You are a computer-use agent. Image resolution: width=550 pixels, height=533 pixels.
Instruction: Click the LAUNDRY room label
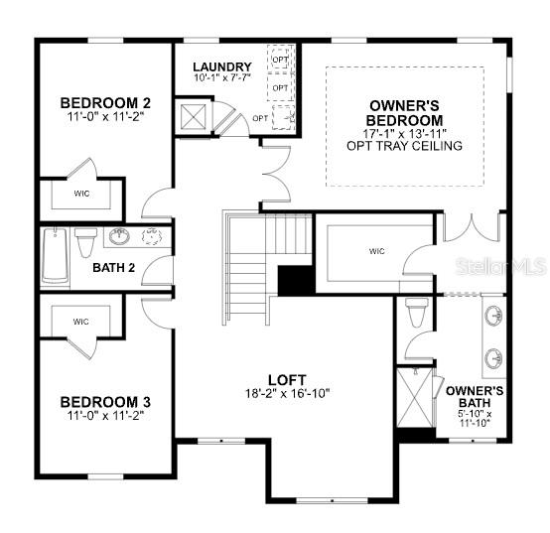point(222,67)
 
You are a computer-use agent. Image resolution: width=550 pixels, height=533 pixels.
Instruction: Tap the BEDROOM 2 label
point(105,103)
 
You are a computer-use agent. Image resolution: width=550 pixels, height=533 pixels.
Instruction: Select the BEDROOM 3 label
point(105,402)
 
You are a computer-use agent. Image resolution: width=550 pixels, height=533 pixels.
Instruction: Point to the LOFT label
point(287,380)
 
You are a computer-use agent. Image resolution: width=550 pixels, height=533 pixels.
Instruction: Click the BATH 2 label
point(113,268)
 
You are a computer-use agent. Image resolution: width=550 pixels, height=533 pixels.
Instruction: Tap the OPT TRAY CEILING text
point(404,146)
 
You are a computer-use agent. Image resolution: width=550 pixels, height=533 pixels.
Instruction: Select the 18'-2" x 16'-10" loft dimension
point(287,393)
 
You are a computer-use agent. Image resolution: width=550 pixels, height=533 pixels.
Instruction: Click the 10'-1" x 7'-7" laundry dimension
point(222,77)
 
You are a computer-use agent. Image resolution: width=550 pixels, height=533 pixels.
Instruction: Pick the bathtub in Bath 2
point(55,256)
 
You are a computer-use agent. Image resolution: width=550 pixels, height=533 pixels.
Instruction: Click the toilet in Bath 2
point(85,242)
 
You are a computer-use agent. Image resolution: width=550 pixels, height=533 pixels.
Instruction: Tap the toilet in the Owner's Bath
point(416,312)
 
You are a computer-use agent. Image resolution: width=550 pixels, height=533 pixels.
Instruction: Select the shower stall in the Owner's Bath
point(415,397)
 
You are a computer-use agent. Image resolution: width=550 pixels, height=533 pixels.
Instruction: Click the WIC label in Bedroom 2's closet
point(81,194)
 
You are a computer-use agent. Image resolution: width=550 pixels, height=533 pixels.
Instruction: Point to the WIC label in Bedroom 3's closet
point(81,322)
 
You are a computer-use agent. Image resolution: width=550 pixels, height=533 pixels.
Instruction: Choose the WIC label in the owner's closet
point(376,251)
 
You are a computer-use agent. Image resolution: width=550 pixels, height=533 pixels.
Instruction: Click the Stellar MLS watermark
point(501,266)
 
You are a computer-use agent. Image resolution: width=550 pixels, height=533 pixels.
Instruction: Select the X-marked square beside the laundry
point(193,117)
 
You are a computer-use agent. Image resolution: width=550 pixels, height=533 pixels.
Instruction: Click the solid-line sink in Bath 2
point(119,236)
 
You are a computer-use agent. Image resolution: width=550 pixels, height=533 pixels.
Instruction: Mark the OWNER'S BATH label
point(475,397)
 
